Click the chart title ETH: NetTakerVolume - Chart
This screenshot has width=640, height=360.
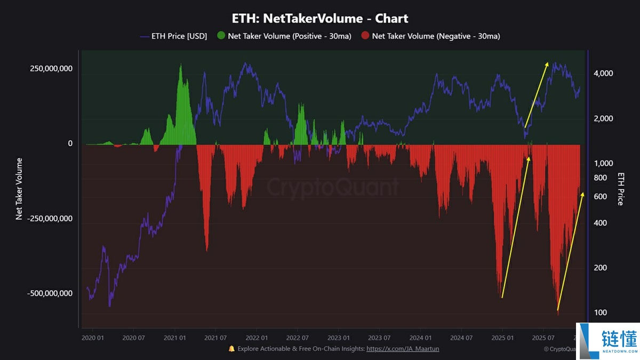[320, 18]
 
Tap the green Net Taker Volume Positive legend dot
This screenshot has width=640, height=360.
[221, 36]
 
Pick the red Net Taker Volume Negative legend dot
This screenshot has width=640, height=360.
[365, 36]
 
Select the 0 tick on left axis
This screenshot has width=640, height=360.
[69, 143]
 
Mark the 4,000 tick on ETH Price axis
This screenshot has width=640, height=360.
[603, 73]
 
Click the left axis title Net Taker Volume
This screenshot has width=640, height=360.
[19, 189]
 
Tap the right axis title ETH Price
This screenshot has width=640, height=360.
[620, 189]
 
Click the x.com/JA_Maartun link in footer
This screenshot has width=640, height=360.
[403, 349]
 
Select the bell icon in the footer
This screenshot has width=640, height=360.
[231, 349]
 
